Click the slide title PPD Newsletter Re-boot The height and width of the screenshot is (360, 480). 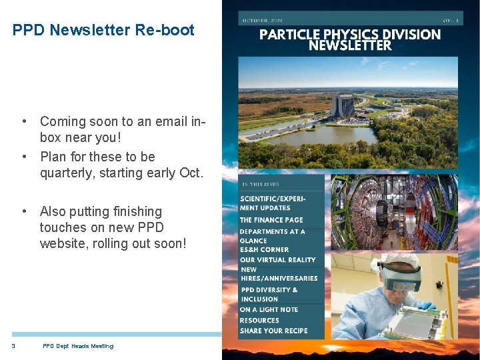point(103,30)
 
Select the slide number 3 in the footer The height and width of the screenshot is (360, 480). point(13,346)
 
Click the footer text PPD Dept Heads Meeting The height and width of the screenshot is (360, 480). point(78,346)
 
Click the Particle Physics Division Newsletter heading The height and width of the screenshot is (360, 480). point(349,40)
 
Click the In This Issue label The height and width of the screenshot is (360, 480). point(261,184)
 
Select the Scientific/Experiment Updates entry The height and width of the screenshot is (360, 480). point(273,203)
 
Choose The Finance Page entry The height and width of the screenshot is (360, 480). point(271,220)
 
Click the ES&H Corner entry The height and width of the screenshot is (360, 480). point(264,250)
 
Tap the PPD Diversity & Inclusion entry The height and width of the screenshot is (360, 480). point(269,295)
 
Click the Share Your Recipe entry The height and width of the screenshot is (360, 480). point(273,331)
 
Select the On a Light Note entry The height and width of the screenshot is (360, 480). point(269,310)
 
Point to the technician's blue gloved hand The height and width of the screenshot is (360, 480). point(425,305)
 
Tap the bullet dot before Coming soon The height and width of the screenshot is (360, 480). point(24,121)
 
